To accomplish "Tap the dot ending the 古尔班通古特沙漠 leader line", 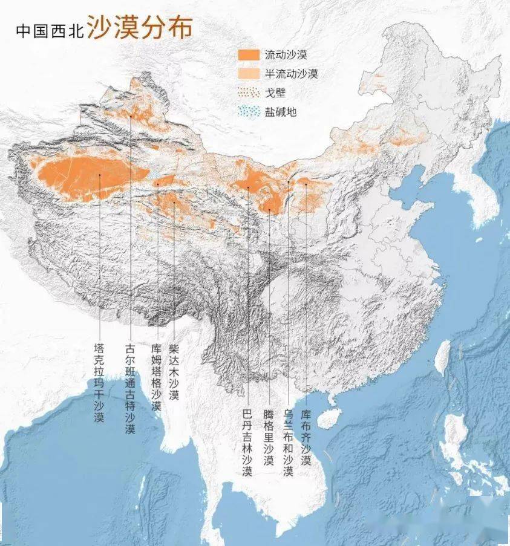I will click(130, 115).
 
